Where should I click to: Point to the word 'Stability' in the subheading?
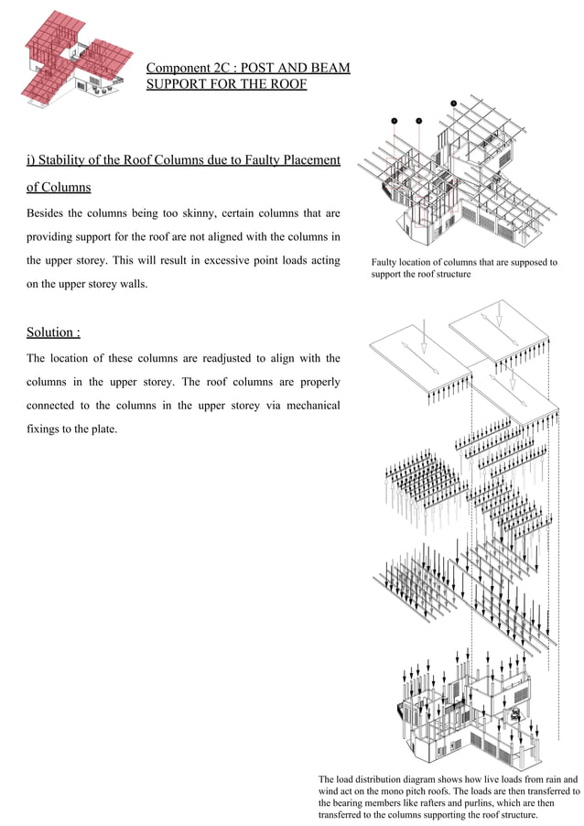click(x=61, y=161)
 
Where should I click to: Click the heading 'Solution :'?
click(x=47, y=331)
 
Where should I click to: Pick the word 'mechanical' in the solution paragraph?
click(x=309, y=405)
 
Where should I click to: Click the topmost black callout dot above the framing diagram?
click(x=453, y=103)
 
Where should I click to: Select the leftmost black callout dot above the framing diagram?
click(x=394, y=120)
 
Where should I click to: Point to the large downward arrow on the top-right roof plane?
click(x=498, y=318)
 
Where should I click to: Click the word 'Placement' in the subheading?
click(x=310, y=161)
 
